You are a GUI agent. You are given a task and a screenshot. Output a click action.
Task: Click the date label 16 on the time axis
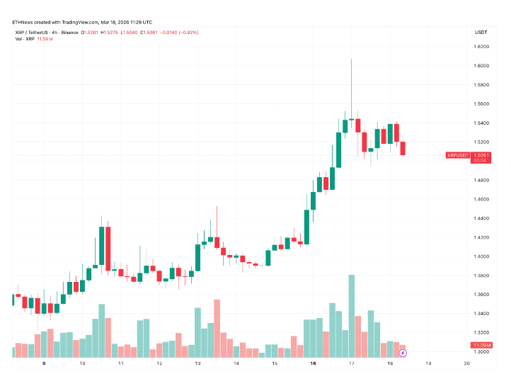pos(312,363)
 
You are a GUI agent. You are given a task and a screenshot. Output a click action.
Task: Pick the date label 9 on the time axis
pos(44,363)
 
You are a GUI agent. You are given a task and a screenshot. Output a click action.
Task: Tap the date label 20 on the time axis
pos(468,363)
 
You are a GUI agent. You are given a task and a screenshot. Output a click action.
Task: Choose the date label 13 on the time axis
pos(197,363)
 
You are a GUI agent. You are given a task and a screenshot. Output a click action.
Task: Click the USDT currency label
pos(481,33)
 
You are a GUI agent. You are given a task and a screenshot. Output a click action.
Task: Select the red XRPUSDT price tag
pos(458,155)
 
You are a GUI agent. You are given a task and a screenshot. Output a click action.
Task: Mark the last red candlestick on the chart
pos(403,148)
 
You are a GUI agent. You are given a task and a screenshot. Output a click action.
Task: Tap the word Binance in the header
pos(69,32)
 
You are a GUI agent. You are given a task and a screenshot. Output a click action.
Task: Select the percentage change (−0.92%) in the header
pos(188,32)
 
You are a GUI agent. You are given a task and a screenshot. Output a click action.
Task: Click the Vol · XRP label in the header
pos(25,39)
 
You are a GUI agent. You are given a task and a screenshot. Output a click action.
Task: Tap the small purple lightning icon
pos(403,352)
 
